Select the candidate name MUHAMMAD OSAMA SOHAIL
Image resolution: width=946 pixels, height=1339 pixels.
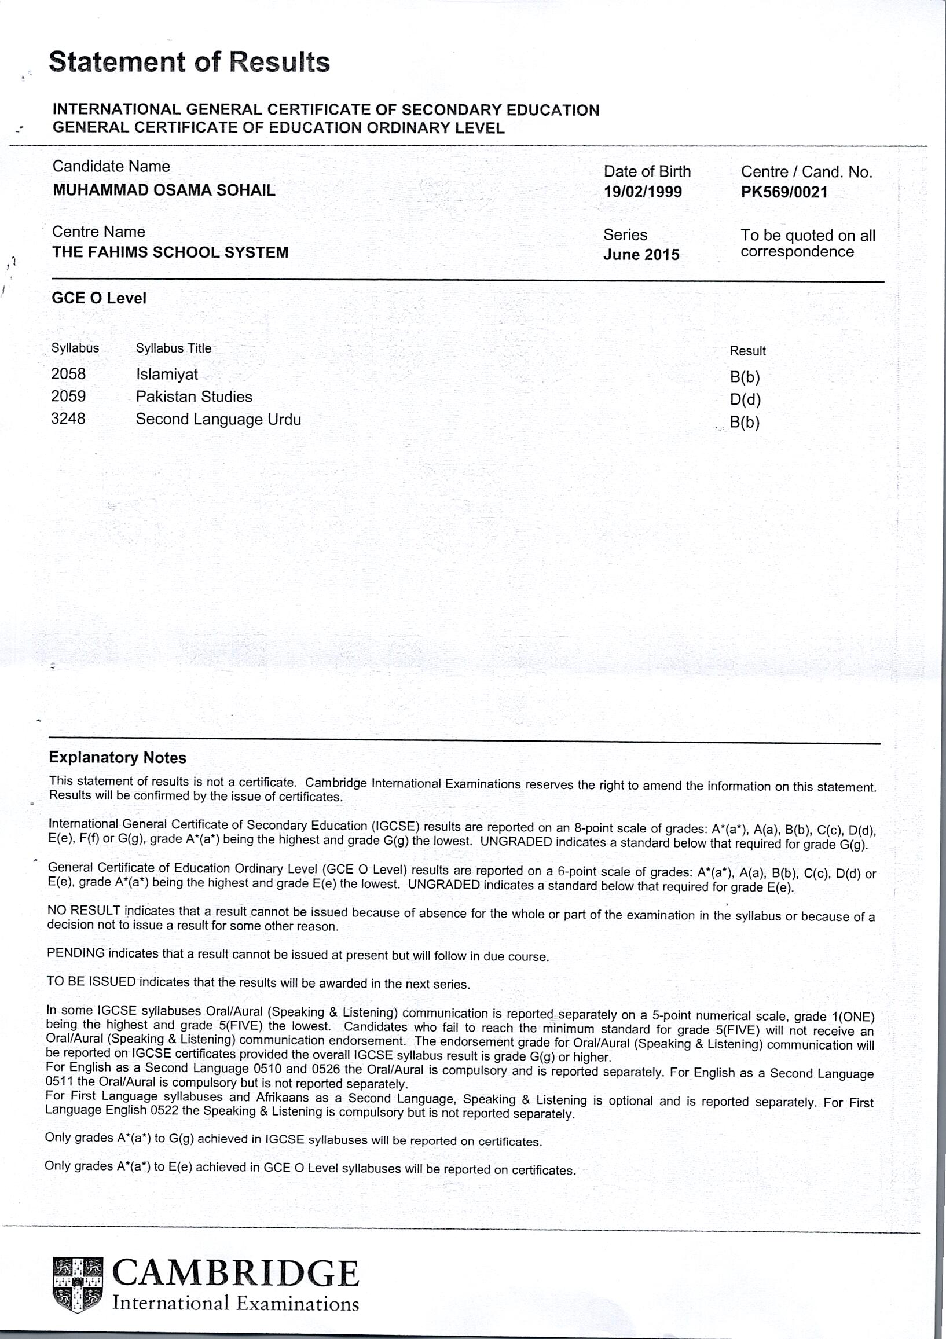pyautogui.click(x=164, y=190)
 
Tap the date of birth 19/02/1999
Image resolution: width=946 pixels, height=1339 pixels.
pyautogui.click(x=643, y=192)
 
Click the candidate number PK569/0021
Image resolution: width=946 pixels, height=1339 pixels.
pyautogui.click(x=784, y=192)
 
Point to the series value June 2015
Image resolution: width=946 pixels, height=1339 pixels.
pyautogui.click(x=641, y=255)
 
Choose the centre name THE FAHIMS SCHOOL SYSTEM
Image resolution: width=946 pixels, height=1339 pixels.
pyautogui.click(x=170, y=252)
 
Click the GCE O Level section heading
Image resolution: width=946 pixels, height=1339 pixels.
pyautogui.click(x=99, y=298)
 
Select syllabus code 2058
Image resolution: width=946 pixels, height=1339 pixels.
pyautogui.click(x=68, y=374)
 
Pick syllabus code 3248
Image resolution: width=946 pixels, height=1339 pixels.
pyautogui.click(x=68, y=419)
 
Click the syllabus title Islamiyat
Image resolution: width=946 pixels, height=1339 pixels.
pyautogui.click(x=167, y=374)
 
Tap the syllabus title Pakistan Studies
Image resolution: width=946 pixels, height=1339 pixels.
pyautogui.click(x=194, y=397)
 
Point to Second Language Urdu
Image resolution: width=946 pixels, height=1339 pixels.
pyautogui.click(x=219, y=419)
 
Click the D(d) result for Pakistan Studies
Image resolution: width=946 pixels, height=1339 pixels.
pyautogui.click(x=745, y=400)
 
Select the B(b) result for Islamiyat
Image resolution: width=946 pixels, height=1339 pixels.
pyautogui.click(x=745, y=377)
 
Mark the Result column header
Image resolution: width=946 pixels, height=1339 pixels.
pyautogui.click(x=747, y=351)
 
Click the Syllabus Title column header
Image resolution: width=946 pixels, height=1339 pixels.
pyautogui.click(x=174, y=348)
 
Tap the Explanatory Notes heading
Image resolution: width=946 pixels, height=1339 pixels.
pyautogui.click(x=118, y=758)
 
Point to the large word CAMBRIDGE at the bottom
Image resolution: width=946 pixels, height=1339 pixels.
pyautogui.click(x=235, y=1274)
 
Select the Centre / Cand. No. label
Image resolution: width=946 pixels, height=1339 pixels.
pyautogui.click(x=806, y=172)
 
